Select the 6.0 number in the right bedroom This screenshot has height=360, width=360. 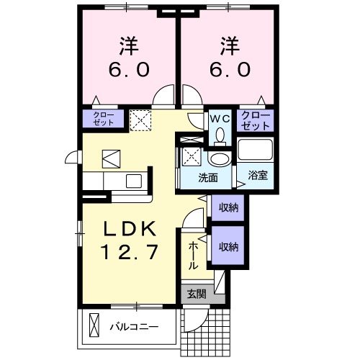230,71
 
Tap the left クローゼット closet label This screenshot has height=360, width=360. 102,119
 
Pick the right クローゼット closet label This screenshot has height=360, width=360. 255,120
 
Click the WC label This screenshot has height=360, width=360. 219,117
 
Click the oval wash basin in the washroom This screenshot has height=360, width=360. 219,159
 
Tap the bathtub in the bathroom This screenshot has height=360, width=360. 256,150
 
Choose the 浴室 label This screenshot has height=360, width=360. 258,175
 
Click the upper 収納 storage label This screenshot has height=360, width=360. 229,207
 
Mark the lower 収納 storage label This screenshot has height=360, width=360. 229,247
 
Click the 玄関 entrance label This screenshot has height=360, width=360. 196,294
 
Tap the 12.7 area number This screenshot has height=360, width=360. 130,253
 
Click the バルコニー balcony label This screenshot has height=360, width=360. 134,325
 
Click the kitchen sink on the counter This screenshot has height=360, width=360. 134,180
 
